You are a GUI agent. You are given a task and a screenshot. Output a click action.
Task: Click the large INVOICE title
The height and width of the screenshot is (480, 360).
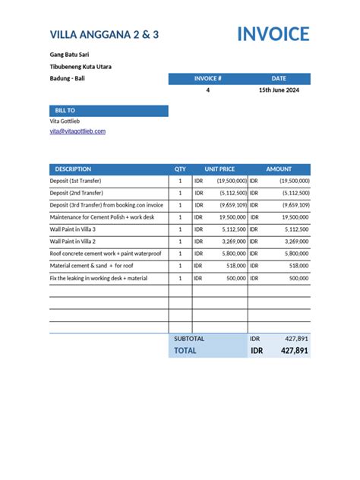273,34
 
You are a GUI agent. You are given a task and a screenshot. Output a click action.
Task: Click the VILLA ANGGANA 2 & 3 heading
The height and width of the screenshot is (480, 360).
104,35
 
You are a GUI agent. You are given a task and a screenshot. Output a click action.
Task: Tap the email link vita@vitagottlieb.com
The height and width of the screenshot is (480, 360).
77,131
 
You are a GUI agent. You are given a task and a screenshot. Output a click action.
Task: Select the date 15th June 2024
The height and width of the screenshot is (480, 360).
279,90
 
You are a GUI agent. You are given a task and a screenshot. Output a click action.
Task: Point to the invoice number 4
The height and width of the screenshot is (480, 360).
208,90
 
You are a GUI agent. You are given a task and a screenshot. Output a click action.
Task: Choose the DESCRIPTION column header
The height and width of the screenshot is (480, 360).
73,169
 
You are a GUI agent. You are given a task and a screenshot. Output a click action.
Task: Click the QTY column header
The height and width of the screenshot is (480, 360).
180,169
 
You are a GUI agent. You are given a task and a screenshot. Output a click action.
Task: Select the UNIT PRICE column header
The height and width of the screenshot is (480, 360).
219,169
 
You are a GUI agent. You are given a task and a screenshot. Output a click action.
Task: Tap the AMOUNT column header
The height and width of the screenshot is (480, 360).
279,169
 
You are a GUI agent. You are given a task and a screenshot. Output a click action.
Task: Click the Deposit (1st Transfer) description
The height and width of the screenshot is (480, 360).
75,182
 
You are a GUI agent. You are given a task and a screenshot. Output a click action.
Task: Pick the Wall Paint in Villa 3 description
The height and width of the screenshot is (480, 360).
73,229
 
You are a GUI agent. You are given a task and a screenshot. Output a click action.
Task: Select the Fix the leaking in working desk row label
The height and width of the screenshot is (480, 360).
98,278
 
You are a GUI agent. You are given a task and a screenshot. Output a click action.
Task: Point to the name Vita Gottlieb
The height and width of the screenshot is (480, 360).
65,122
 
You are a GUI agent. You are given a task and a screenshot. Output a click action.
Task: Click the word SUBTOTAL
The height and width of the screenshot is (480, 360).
189,338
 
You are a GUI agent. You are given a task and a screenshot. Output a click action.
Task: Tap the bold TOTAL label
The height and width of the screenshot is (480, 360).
185,351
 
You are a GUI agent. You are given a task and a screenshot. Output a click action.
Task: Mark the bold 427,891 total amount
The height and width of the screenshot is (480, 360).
295,351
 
